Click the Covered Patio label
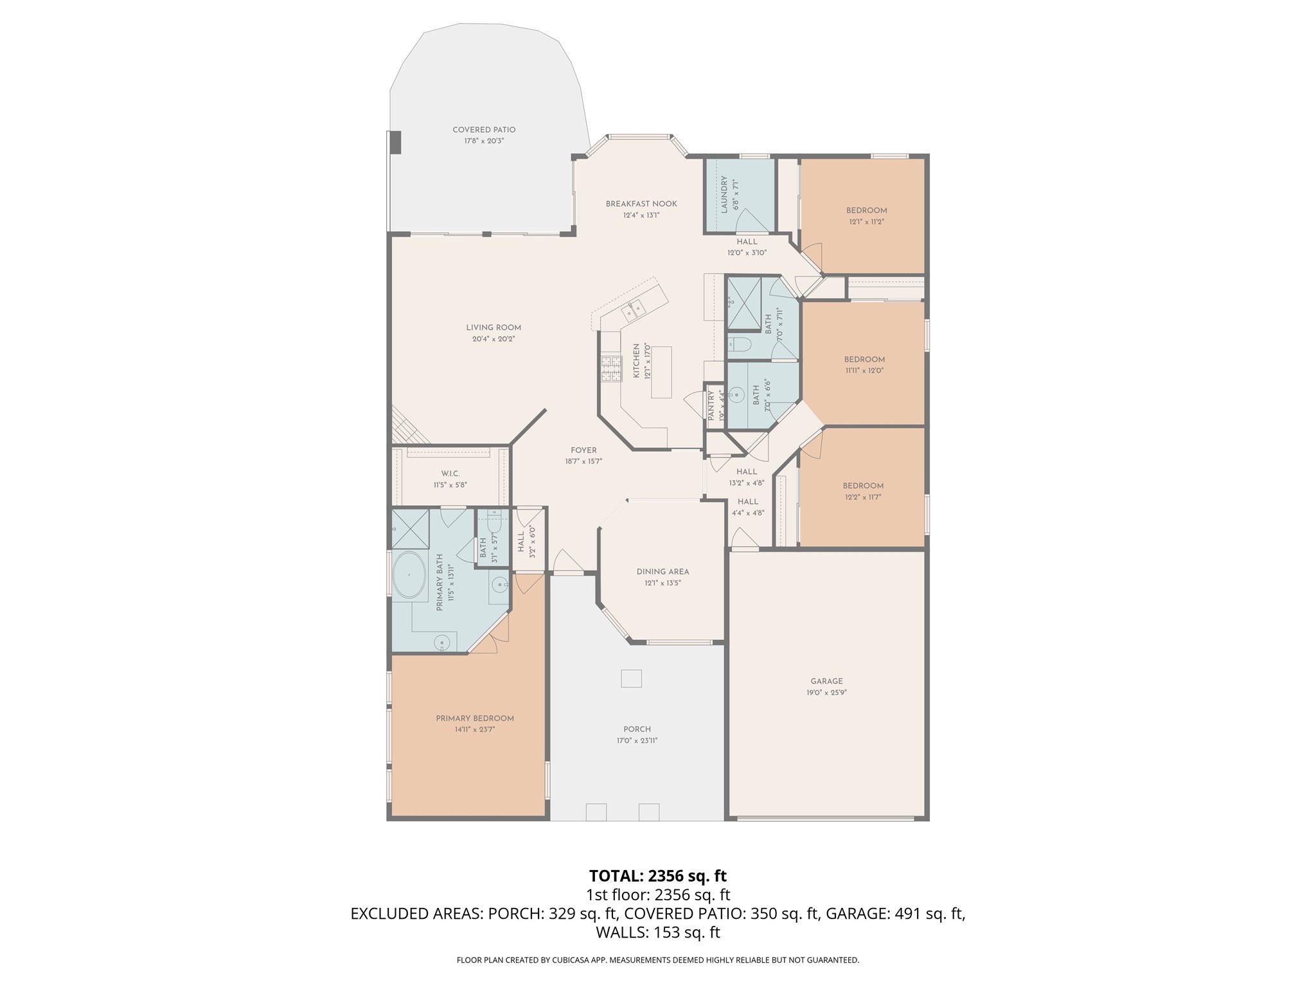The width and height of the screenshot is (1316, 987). click(x=484, y=130)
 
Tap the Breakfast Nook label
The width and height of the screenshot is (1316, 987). click(x=641, y=204)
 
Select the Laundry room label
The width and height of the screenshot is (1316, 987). click(x=724, y=194)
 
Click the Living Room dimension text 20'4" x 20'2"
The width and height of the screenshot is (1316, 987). click(x=493, y=339)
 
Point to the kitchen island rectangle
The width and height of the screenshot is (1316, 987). click(x=661, y=372)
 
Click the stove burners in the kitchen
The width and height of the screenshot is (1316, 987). click(x=611, y=369)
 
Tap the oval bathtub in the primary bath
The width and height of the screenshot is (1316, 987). click(x=409, y=574)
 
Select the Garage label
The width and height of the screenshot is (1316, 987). click(x=826, y=681)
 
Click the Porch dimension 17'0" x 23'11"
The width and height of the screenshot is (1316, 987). click(x=637, y=740)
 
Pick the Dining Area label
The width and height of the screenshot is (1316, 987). click(x=662, y=571)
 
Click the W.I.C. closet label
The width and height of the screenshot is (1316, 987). click(x=450, y=474)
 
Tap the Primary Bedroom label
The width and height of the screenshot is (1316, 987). click(x=475, y=718)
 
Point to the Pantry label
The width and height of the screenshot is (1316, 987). click(x=711, y=405)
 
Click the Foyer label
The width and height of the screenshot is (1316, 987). click(x=583, y=450)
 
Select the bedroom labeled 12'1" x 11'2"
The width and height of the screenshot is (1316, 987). click(x=866, y=215)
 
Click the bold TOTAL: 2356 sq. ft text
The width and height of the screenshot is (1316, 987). click(x=657, y=876)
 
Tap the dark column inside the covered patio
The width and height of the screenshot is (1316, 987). click(x=395, y=142)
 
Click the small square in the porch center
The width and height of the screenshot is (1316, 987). click(x=631, y=679)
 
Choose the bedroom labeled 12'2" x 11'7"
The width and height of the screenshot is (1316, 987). click(x=863, y=491)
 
